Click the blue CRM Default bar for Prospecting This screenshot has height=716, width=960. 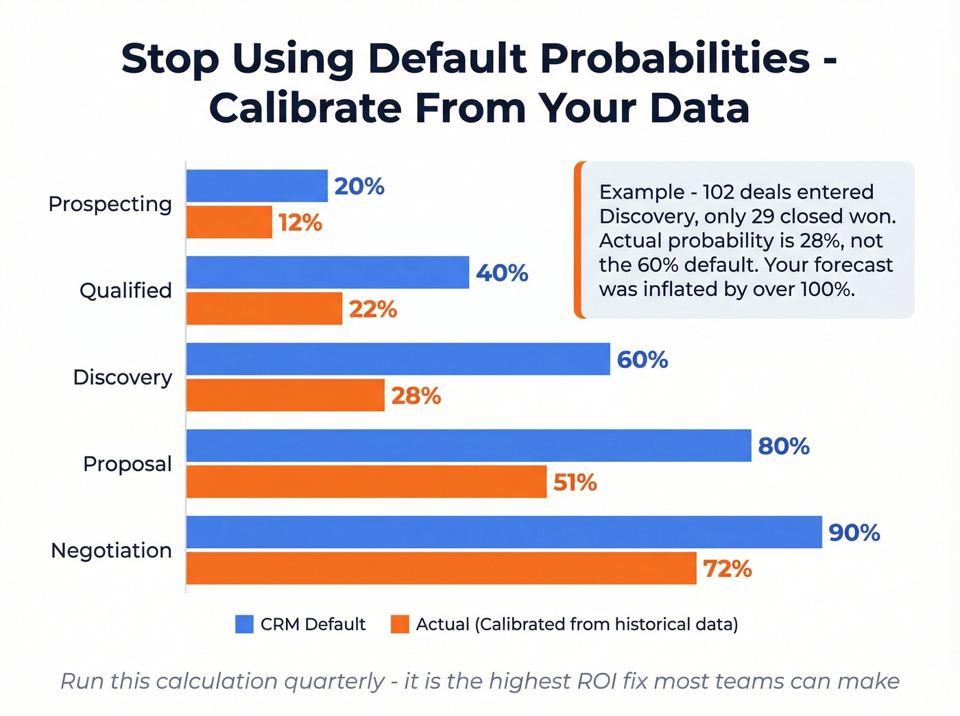coord(256,186)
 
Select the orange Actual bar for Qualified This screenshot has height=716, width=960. coord(264,308)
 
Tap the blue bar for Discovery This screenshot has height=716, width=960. coord(398,359)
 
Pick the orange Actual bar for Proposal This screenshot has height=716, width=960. coord(366,482)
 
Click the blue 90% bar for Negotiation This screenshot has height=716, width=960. coord(504,532)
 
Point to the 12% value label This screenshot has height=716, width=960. coord(300,223)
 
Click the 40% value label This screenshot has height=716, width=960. coord(502,273)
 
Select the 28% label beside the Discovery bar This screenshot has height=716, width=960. coord(416,396)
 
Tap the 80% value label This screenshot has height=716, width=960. coord(783,446)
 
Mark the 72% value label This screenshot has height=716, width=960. coord(727,569)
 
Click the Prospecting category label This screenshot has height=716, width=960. coord(110,204)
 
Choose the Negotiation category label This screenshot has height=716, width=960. coord(111,550)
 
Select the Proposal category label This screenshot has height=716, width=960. coord(127,464)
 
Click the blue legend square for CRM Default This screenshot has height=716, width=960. coord(244,624)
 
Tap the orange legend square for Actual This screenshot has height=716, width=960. coord(400,624)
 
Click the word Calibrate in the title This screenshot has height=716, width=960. coord(306,108)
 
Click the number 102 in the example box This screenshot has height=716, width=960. coord(718,192)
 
